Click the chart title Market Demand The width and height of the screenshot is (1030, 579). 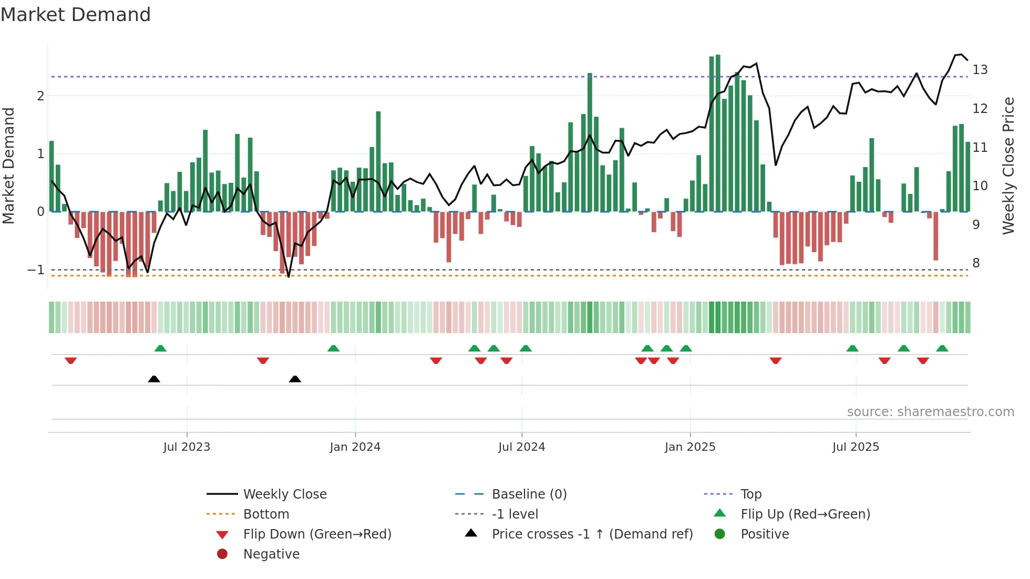pos(76,15)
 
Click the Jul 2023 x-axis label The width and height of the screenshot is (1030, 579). pos(187,447)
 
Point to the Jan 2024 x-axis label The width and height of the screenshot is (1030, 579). pos(355,447)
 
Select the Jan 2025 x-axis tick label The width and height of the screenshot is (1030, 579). pos(689,447)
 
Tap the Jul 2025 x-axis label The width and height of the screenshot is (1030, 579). pos(856,447)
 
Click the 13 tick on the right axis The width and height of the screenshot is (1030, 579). pos(980,70)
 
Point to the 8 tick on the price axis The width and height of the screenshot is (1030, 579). pos(976,263)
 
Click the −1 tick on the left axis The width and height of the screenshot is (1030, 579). pos(36,270)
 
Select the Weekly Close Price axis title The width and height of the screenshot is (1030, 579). pos(1008,166)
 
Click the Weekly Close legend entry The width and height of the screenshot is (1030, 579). pos(284,494)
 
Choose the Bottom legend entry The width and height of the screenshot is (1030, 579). pos(266,514)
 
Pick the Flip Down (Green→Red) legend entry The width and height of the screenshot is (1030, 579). pos(317,534)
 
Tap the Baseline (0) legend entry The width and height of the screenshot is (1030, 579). pos(529,494)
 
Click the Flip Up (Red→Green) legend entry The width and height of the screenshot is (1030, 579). pos(805,514)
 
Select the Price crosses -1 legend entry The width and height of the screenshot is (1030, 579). pos(592,534)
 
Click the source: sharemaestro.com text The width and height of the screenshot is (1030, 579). pos(930,412)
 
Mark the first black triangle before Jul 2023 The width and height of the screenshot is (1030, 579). pos(154,379)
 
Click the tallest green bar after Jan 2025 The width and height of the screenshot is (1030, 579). pos(718,131)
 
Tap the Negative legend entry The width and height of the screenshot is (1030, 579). pos(271,554)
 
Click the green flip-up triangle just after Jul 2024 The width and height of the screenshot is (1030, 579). pos(526,348)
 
